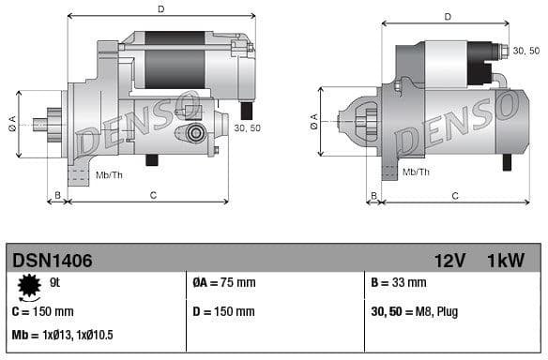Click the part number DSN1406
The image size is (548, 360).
coord(52,261)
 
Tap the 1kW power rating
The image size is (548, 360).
coord(506,261)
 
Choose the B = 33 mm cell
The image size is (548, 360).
coord(399,283)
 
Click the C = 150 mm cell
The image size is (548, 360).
coord(42,311)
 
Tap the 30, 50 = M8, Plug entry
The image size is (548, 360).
coord(415,311)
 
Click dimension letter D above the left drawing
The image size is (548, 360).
coord(160,9)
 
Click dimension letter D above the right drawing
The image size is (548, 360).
coord(448,16)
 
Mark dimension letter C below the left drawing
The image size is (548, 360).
coord(152,196)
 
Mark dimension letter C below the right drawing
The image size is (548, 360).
coord(454,196)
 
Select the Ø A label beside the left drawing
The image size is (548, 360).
coord(12,123)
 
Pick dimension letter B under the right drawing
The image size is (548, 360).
coord(373,196)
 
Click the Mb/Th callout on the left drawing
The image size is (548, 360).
coord(108,174)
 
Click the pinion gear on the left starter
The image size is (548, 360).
coord(43,123)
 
